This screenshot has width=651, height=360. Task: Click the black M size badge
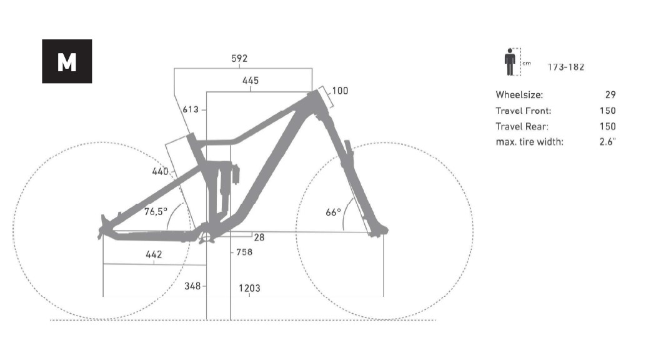click(67, 61)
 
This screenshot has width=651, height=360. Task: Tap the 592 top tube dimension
click(239, 59)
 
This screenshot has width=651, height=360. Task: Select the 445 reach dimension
click(251, 81)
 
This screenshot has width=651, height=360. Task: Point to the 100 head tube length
click(340, 91)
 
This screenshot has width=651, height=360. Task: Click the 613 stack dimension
click(191, 109)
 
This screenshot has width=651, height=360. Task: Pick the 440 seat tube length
click(161, 171)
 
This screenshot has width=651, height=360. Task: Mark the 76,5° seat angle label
click(156, 211)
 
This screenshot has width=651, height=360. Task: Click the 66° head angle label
click(334, 212)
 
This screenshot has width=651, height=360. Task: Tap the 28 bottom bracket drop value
click(259, 237)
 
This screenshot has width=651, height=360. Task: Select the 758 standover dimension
click(244, 252)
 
